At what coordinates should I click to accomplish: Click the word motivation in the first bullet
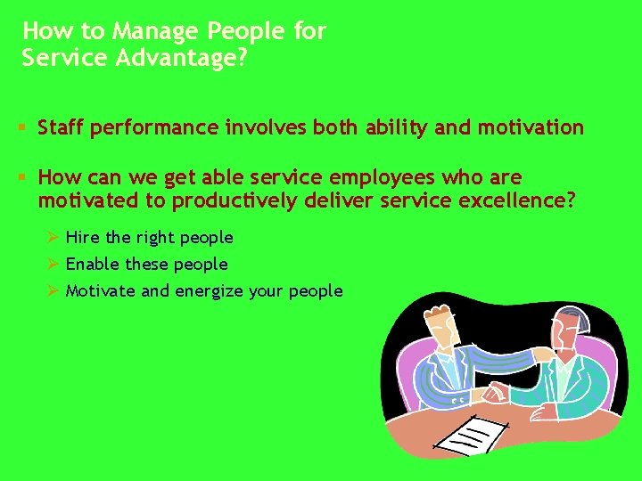531,127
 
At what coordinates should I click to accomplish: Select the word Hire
83,238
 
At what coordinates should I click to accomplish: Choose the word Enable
93,265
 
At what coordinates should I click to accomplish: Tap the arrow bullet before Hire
53,238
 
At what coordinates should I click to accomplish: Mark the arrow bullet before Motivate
53,291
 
